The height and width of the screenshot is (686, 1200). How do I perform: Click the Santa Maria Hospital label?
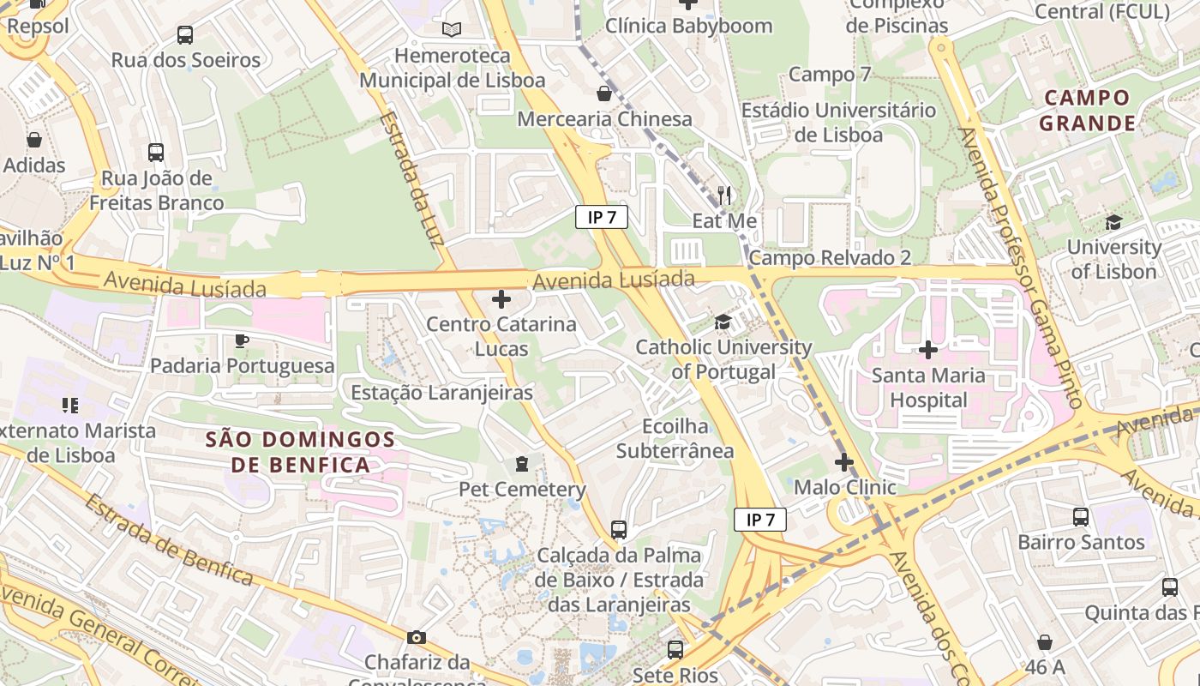tap(927, 388)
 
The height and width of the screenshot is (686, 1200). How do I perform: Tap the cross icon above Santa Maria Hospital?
tap(927, 350)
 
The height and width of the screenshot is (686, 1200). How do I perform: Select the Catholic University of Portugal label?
tap(723, 359)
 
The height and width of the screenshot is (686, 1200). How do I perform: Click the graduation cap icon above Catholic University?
tap(723, 322)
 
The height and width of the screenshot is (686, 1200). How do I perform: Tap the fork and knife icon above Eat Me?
tap(725, 195)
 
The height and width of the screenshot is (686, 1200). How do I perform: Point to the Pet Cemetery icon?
tap(521, 464)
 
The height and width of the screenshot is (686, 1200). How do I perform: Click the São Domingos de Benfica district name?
tap(300, 452)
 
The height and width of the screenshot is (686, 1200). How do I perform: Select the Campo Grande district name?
tap(1088, 111)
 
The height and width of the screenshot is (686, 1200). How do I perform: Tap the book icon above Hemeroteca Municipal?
tap(452, 29)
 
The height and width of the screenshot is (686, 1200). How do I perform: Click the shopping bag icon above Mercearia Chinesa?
tap(604, 93)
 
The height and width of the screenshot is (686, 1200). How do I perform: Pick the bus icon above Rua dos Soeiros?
tap(185, 35)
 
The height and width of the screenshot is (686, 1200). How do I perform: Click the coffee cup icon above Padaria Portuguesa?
tap(242, 340)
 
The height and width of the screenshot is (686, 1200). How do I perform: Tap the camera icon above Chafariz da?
tap(417, 637)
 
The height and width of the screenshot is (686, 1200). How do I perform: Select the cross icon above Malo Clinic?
tap(844, 462)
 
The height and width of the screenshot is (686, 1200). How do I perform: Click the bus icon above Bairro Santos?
tap(1081, 517)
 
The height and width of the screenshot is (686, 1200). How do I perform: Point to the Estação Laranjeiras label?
tap(442, 393)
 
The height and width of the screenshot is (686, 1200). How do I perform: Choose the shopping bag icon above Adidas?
tap(34, 139)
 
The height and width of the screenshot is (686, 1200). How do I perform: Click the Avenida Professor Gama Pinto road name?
tap(1020, 266)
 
